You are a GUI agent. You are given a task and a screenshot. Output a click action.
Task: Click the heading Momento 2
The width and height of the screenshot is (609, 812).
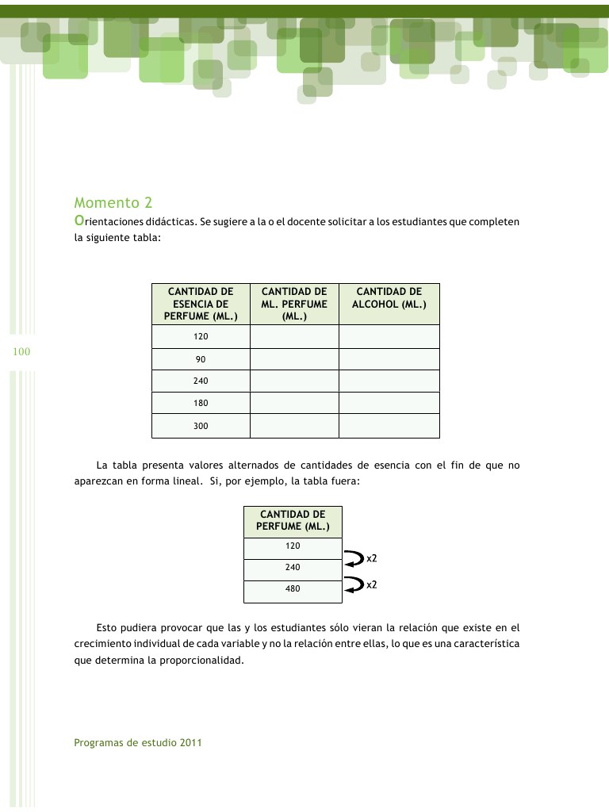[x=113, y=203]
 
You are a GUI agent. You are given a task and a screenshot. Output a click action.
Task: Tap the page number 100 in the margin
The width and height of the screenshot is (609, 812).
[x=21, y=351]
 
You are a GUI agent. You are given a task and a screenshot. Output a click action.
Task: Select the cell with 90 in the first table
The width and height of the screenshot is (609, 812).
[x=201, y=359]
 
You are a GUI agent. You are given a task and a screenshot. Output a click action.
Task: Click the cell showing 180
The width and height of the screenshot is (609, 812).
[x=201, y=403]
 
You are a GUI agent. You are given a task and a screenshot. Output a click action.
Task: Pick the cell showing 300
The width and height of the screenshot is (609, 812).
[x=201, y=426]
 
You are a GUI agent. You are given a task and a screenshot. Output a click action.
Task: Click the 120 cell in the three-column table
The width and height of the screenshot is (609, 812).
[x=201, y=337]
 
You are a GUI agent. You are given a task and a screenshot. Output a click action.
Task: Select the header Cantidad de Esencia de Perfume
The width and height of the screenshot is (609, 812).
[x=201, y=304]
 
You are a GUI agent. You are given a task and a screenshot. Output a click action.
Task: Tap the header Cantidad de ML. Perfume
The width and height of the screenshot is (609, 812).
[x=294, y=304]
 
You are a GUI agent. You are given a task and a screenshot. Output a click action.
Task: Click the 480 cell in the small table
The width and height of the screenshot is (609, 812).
[x=293, y=589]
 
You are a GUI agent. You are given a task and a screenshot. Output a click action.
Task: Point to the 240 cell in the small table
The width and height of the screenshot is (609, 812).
[x=293, y=568]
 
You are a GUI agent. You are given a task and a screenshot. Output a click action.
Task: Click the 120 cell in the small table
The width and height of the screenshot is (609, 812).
[x=293, y=546]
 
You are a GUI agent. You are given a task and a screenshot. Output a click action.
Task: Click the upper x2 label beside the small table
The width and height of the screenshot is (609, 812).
[x=371, y=558]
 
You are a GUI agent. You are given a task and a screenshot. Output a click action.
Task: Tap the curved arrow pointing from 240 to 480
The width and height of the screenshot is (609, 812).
[x=351, y=585]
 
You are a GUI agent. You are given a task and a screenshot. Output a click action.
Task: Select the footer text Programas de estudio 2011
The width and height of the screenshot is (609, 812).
[x=138, y=743]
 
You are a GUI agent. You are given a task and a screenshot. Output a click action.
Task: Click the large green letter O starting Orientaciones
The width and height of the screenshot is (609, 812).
[x=79, y=221]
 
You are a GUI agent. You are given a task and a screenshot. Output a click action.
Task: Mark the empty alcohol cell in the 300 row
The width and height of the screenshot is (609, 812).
[x=389, y=426]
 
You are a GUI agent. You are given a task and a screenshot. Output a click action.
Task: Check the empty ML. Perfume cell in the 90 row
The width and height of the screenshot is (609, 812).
[x=294, y=359]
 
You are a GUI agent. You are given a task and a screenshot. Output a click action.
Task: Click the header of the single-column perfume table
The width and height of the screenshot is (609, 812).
[x=293, y=520]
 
